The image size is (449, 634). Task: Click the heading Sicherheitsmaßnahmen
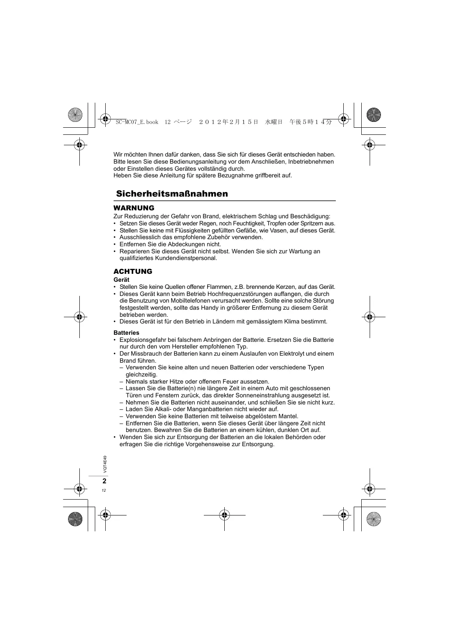[x=172, y=194]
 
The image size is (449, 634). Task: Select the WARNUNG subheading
[x=134, y=208]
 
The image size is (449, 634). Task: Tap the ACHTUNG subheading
[x=133, y=271]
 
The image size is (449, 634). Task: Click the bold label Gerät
[x=122, y=280]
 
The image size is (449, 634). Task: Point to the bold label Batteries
[x=127, y=333]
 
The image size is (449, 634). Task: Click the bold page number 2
[x=104, y=481]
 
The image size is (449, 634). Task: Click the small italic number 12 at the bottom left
[x=104, y=490]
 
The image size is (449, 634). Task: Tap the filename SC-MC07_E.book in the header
[x=137, y=122]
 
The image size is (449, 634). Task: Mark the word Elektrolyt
[x=292, y=354]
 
